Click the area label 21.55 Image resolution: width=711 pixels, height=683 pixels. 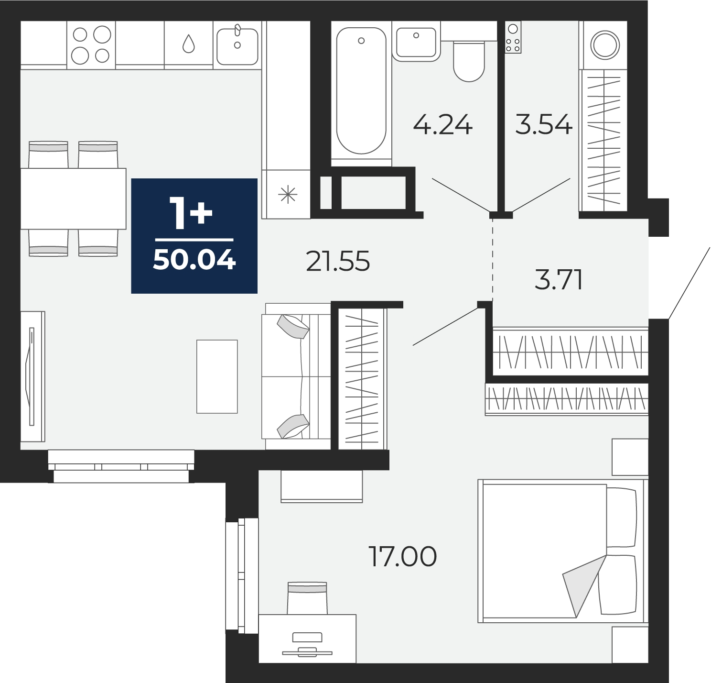[x=338, y=261]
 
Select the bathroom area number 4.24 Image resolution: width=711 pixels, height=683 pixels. [x=443, y=124]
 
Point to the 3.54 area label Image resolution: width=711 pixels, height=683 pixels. [x=544, y=124]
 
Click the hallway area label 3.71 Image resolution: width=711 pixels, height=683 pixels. [x=558, y=280]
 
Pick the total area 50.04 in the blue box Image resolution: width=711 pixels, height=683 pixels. [x=194, y=260]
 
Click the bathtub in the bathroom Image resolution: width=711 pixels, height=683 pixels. [x=361, y=91]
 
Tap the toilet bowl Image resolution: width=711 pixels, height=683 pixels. [x=469, y=61]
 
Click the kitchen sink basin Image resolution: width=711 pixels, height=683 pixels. [x=237, y=46]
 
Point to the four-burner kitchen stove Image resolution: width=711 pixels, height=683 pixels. [x=91, y=45]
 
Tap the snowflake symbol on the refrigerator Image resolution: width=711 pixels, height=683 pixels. [x=288, y=194]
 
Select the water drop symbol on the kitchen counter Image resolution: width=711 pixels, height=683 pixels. [x=189, y=44]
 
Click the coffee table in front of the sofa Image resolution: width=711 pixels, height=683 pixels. [x=217, y=376]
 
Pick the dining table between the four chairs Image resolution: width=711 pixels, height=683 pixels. [x=73, y=198]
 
